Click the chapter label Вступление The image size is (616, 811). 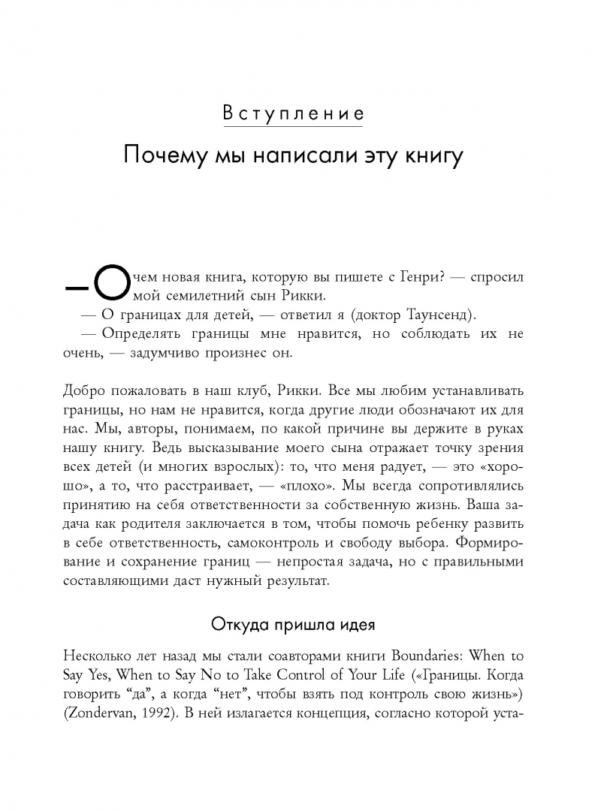[x=293, y=115]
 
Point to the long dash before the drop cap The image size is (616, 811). [x=76, y=286]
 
